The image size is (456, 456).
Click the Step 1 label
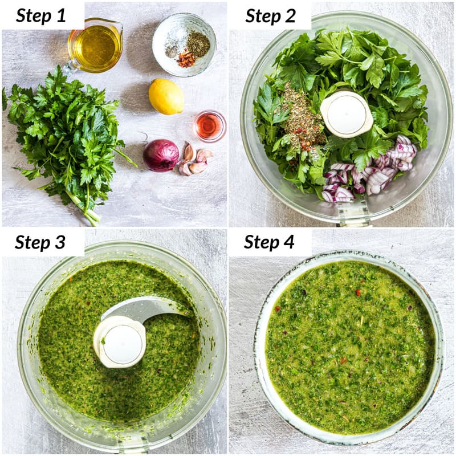(x=41, y=15)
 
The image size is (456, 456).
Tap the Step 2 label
(x=270, y=15)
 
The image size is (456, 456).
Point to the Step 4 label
(x=269, y=242)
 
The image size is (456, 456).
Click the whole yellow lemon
(x=166, y=96)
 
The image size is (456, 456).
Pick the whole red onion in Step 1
(x=160, y=155)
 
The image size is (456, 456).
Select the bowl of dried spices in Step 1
(x=184, y=44)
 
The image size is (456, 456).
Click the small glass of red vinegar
(x=210, y=126)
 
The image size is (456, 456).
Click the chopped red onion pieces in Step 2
(x=370, y=174)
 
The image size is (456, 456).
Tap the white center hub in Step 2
(x=346, y=114)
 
